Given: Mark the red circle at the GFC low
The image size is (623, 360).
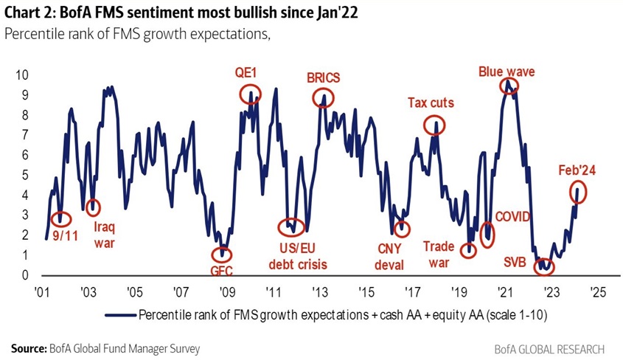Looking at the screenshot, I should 220,254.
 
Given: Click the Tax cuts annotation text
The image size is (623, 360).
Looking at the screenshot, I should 431,103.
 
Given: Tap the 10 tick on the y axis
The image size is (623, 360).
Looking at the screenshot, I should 22,76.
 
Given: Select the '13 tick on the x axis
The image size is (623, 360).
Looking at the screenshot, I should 319,291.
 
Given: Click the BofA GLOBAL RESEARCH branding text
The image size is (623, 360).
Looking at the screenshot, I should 549,348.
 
